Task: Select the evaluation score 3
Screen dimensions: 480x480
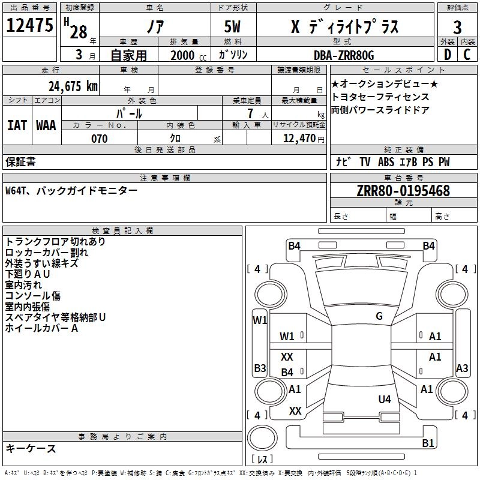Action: click(457, 28)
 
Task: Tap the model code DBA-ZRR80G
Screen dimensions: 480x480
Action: click(344, 56)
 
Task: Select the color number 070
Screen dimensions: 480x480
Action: click(100, 139)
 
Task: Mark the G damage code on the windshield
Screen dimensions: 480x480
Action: click(379, 316)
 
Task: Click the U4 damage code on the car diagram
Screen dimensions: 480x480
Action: click(385, 399)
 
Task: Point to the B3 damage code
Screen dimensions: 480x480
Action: click(260, 368)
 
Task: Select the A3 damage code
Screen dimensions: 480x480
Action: click(462, 368)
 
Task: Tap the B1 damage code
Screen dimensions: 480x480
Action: click(428, 443)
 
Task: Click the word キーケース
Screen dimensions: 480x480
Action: click(31, 448)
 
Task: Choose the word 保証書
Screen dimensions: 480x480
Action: click(20, 162)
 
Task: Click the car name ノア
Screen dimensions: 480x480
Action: click(154, 28)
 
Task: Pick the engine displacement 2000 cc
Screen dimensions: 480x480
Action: click(184, 56)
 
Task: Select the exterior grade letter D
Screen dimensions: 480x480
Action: click(447, 56)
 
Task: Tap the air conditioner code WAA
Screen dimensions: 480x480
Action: click(46, 125)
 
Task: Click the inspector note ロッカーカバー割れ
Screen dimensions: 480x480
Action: click(46, 252)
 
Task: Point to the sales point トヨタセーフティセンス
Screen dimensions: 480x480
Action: click(372, 97)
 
